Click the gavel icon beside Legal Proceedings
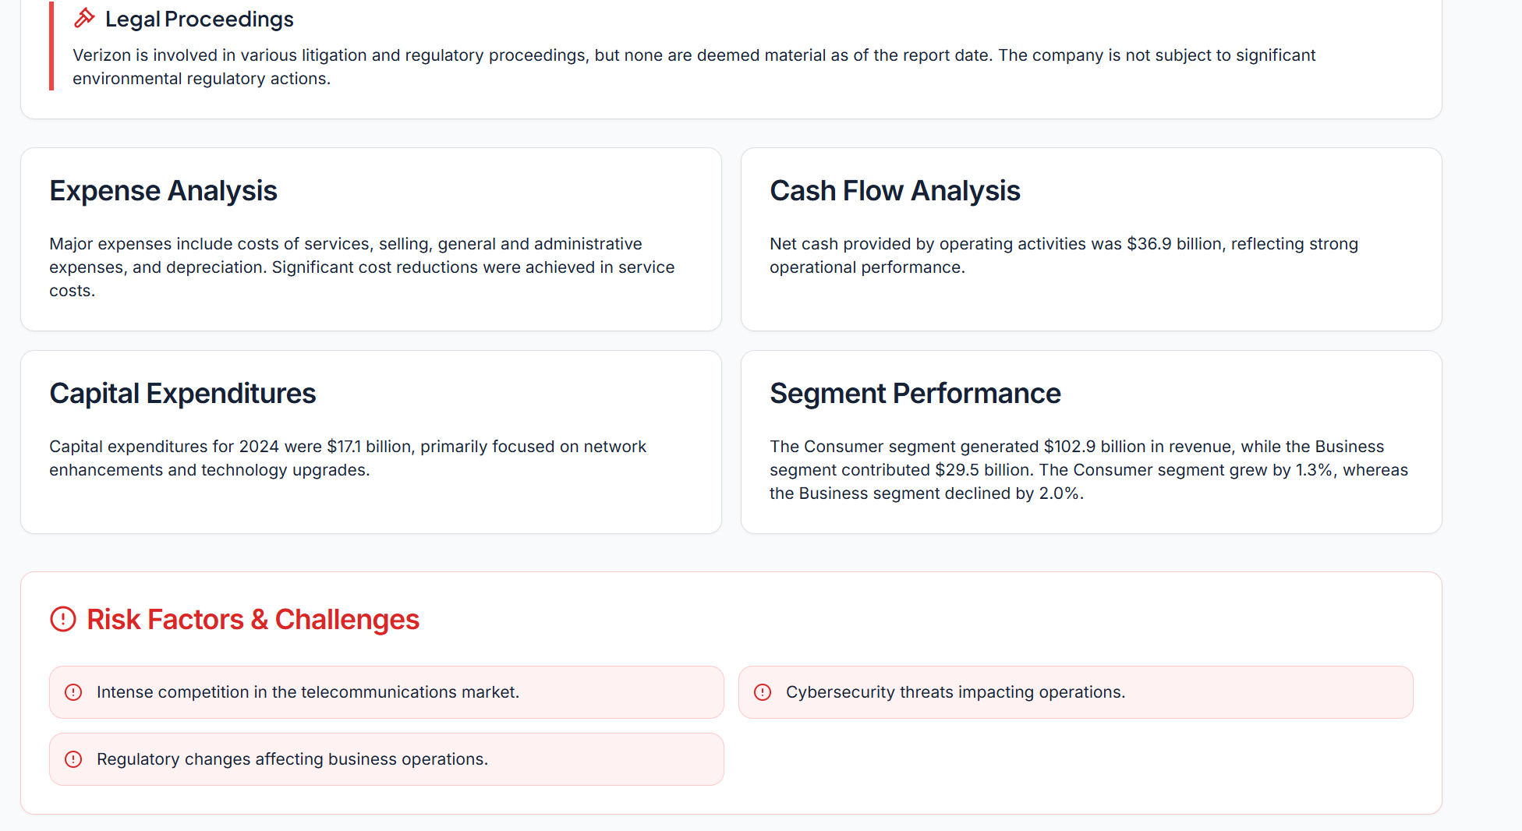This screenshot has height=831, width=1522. coord(84,19)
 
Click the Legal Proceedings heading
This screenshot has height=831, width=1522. coord(199,19)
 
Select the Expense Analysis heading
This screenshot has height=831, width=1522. coord(163,191)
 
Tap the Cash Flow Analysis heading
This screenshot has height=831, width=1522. coord(894,191)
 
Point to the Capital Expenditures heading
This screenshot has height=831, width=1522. coord(182,394)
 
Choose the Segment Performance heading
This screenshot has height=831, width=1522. coord(915,394)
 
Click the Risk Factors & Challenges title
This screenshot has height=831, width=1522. coord(253,620)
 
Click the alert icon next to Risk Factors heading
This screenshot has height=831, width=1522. coord(63,620)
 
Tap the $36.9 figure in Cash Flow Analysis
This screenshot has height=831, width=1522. coord(1149,244)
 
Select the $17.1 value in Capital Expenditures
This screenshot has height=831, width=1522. coord(344,447)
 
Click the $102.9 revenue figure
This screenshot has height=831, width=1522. coord(1070,447)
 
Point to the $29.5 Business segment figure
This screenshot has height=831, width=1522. coord(957,470)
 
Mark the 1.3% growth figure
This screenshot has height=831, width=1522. coord(1314,470)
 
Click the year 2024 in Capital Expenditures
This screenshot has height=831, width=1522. coord(259,447)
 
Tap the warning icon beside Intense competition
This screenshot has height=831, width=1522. coord(73,692)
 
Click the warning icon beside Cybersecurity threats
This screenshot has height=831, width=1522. coord(763,692)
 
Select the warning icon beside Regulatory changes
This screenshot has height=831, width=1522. coord(73,759)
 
